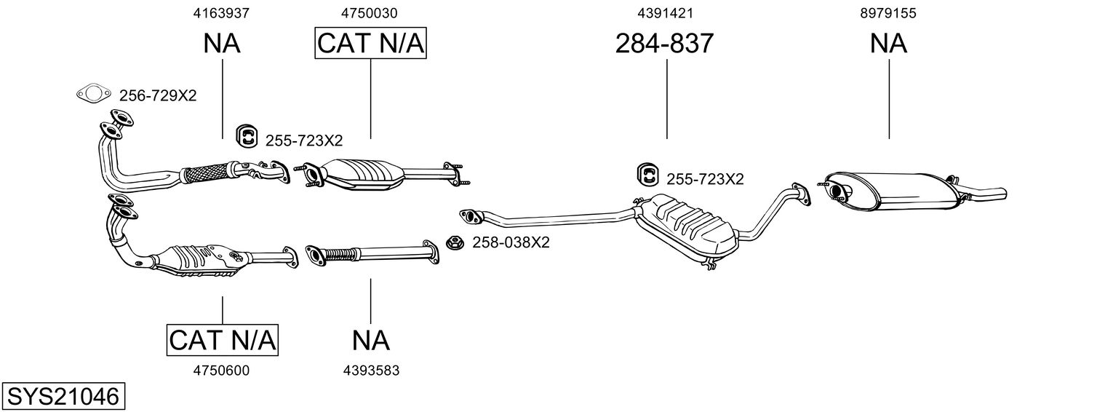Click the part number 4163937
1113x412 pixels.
tap(222, 12)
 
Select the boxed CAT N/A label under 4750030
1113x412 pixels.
tap(370, 44)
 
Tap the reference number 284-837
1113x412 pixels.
tap(664, 44)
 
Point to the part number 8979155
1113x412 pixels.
tap(888, 12)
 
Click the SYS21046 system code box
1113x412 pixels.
tap(63, 397)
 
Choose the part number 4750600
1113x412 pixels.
tap(221, 371)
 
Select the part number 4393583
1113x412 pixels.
tap(371, 371)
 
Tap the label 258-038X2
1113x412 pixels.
tap(511, 242)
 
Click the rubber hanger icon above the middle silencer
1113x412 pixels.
tap(647, 175)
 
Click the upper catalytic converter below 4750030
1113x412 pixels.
tap(362, 175)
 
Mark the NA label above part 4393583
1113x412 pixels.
tap(371, 340)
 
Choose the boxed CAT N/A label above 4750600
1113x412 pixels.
tap(223, 340)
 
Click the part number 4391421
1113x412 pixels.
tap(664, 12)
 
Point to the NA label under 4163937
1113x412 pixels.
tap(222, 44)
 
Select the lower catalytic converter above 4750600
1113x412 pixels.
tap(202, 259)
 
